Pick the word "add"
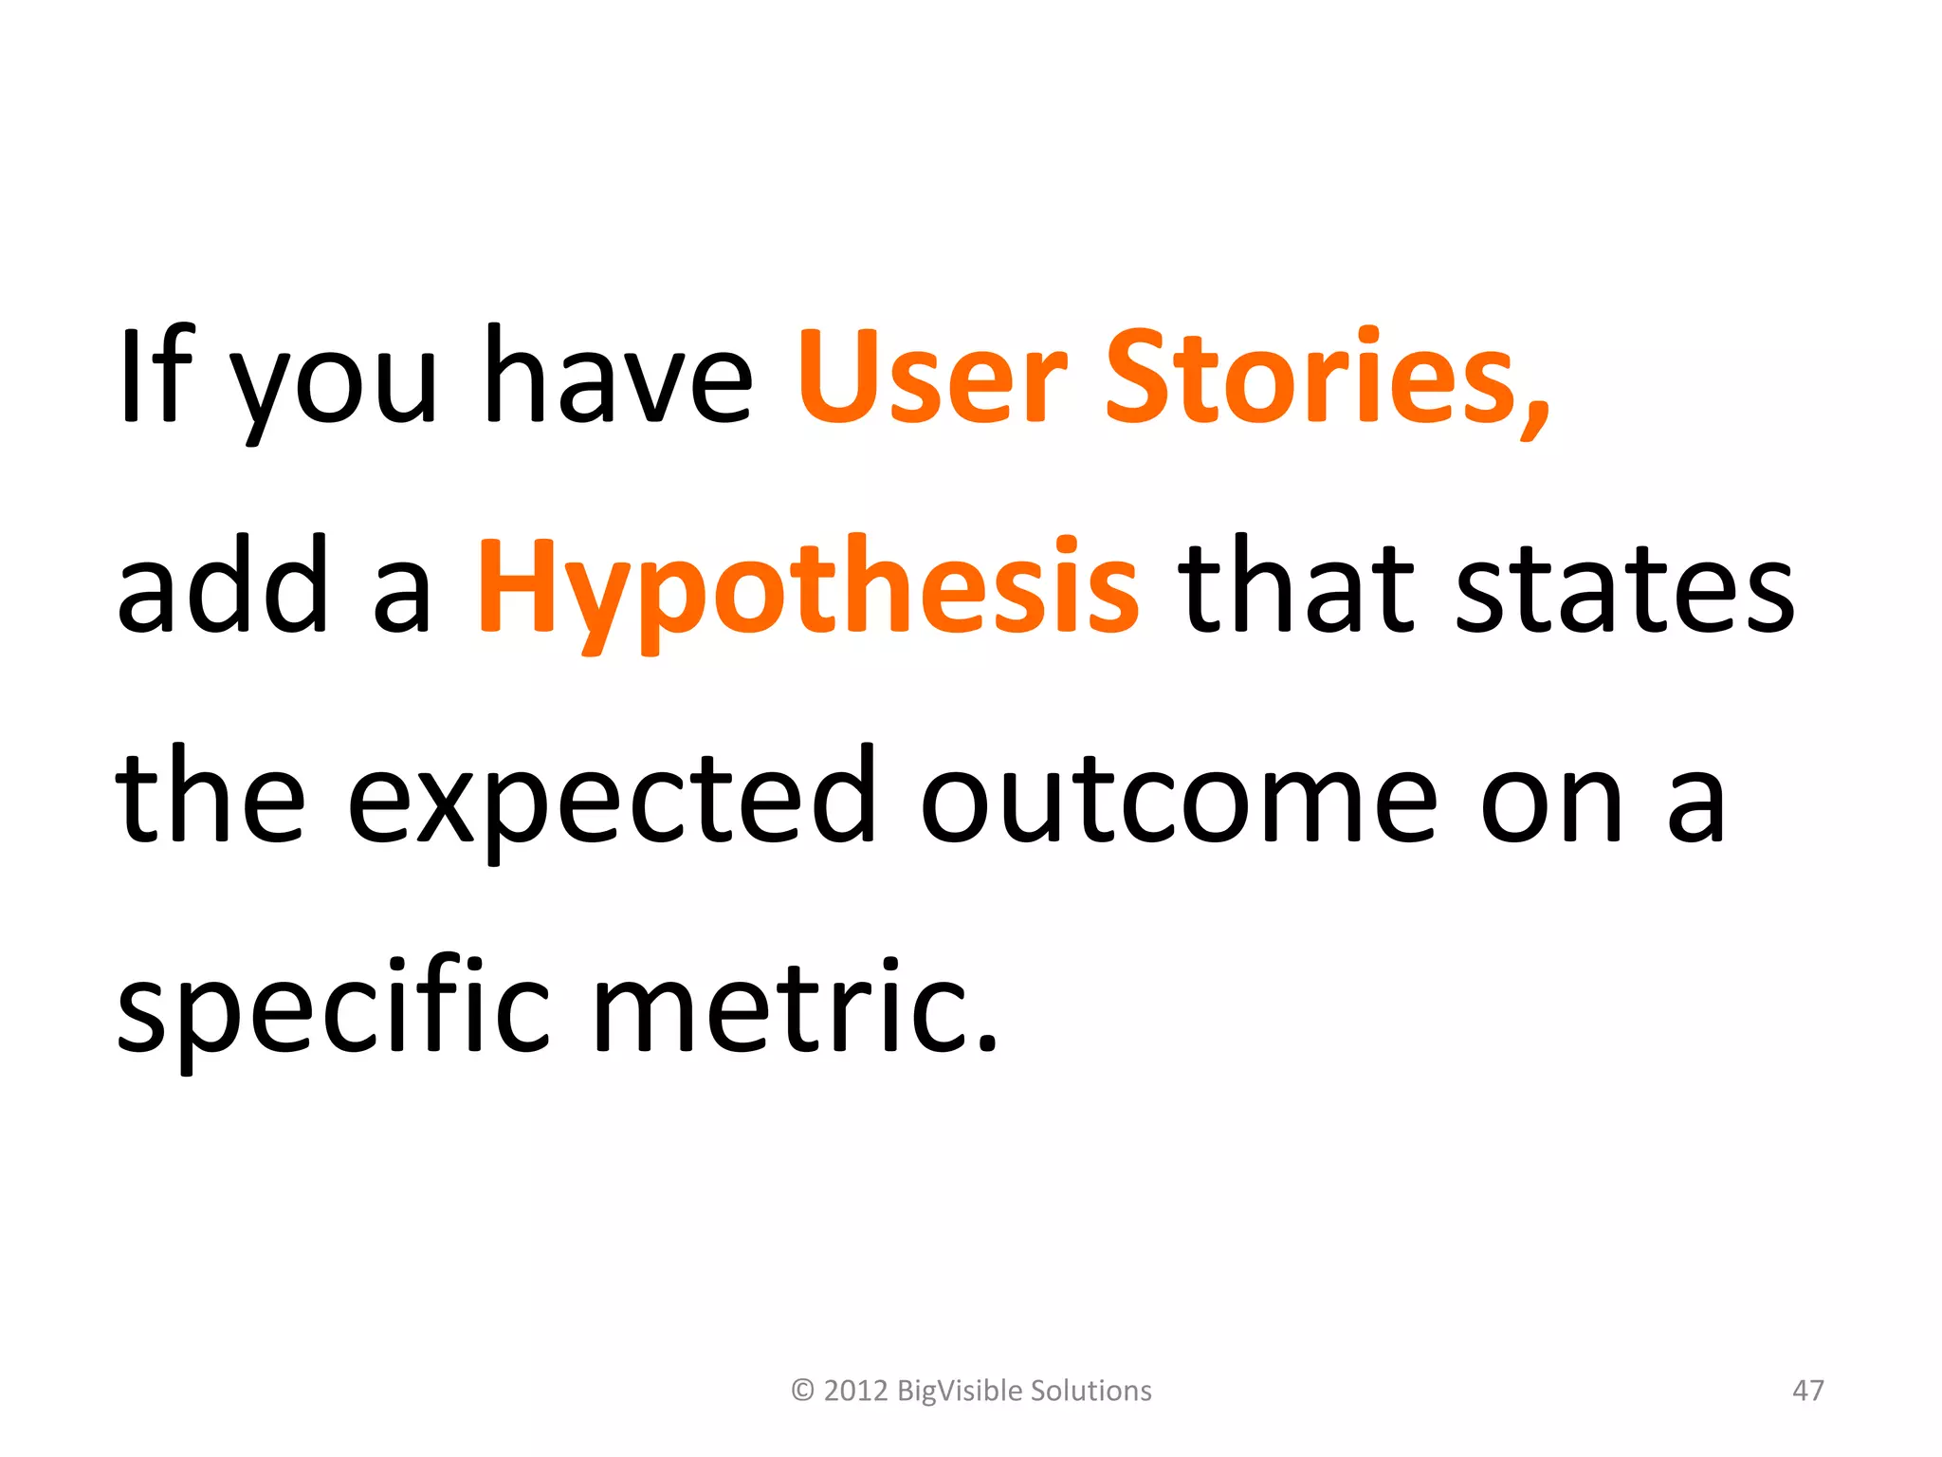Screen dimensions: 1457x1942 point(223,585)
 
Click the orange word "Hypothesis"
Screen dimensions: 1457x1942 point(808,588)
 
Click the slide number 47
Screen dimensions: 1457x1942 point(1807,1391)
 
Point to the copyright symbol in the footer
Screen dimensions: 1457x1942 point(802,1391)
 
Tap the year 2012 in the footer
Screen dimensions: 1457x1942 point(855,1391)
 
